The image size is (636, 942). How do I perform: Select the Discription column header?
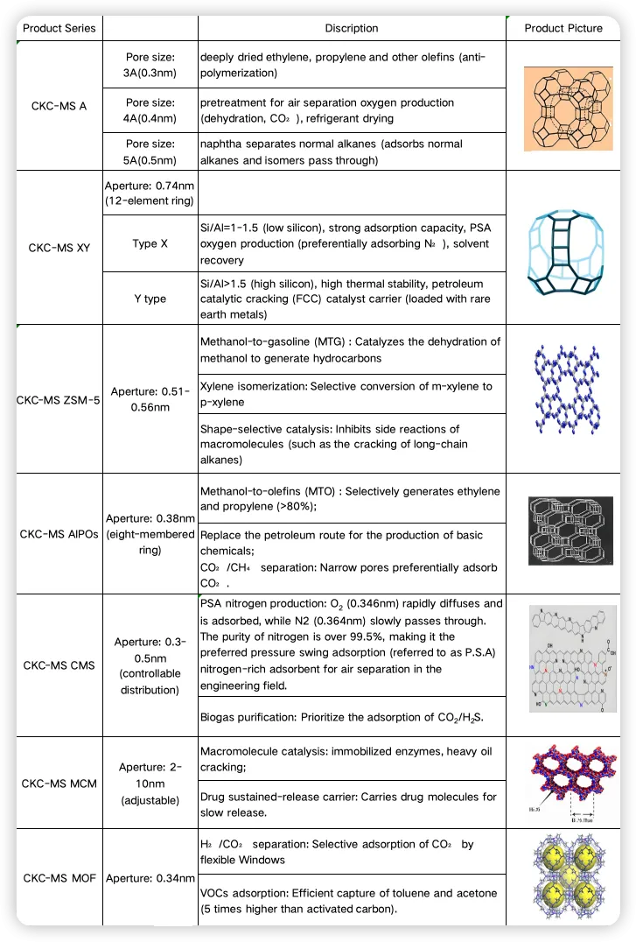[351, 28]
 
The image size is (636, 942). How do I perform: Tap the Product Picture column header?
[563, 28]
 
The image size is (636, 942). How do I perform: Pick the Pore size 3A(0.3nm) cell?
[150, 65]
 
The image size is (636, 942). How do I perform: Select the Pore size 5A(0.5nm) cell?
[150, 151]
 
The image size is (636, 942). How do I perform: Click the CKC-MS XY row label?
[59, 248]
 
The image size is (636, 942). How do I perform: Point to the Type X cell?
[150, 243]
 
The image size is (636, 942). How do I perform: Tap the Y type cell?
[150, 299]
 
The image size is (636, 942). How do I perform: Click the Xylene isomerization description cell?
[351, 394]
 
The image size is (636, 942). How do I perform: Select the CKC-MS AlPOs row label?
[59, 533]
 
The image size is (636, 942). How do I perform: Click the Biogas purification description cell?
[351, 718]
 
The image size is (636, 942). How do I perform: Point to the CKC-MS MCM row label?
[59, 783]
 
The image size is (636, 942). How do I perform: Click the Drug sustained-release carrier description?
[351, 805]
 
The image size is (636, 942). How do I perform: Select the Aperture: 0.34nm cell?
[150, 876]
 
